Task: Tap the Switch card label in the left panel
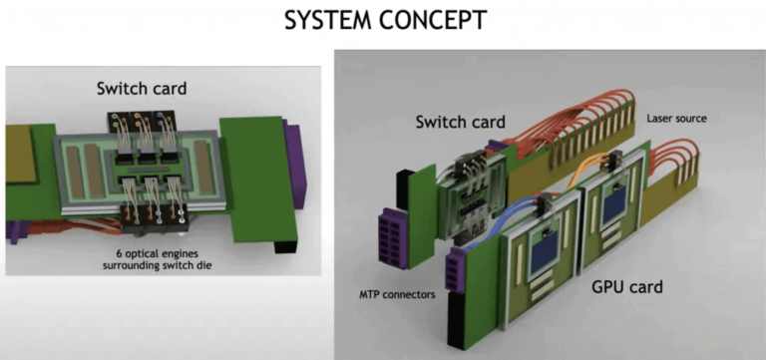142,88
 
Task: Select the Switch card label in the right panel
461,123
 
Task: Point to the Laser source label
676,118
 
